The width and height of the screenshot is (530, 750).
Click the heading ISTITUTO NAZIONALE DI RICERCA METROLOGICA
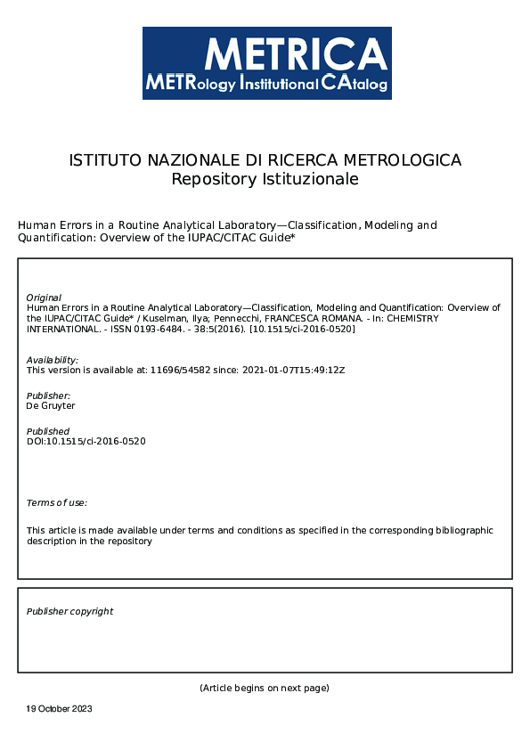[265, 160]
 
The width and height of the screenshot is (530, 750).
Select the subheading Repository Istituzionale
[265, 179]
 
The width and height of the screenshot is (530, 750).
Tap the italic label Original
[44, 298]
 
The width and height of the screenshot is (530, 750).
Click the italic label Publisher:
[48, 395]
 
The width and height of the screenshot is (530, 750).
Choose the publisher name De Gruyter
[51, 405]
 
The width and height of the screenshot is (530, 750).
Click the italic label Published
[47, 431]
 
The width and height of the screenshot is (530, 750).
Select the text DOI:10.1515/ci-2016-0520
[86, 441]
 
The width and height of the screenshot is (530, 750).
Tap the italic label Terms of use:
[57, 503]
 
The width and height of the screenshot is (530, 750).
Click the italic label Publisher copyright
[69, 611]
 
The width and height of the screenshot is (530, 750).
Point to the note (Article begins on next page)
[265, 688]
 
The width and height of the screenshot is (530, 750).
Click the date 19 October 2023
[59, 709]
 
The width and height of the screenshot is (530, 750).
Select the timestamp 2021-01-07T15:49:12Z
[293, 370]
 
